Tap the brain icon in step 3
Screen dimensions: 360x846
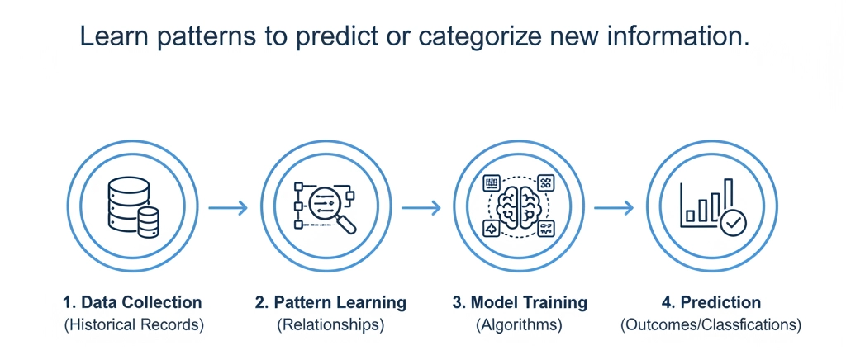519,207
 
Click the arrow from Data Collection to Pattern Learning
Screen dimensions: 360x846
228,208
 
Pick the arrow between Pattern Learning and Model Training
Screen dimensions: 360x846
421,208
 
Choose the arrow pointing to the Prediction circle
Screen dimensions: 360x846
614,208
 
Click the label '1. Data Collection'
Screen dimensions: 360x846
132,302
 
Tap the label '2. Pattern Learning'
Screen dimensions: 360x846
330,302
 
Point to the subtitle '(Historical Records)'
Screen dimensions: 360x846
133,324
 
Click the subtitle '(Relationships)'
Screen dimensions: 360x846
330,324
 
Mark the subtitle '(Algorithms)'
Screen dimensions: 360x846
519,324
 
